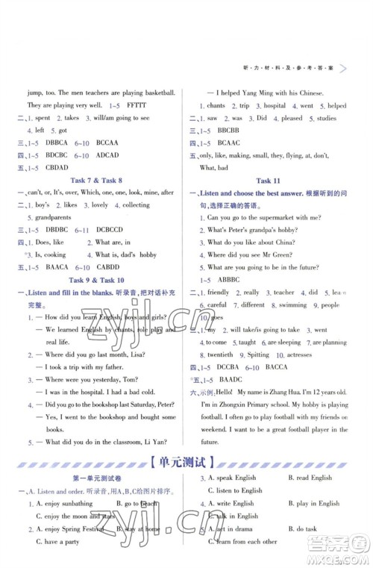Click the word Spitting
tap(258, 355)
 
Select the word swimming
tap(292, 305)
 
